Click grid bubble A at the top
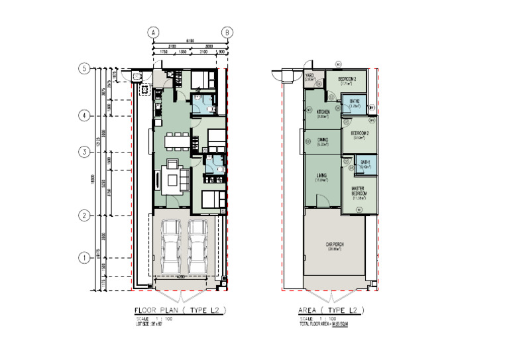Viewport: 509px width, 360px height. pyautogui.click(x=153, y=32)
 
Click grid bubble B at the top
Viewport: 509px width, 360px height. pyautogui.click(x=227, y=32)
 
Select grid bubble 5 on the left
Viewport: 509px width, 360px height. pyautogui.click(x=84, y=68)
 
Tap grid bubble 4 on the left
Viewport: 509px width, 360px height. pyautogui.click(x=84, y=115)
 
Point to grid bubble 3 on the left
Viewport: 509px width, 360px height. pyautogui.click(x=84, y=152)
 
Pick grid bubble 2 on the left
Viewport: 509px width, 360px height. pyautogui.click(x=84, y=215)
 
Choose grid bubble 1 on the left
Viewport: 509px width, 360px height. pyautogui.click(x=84, y=257)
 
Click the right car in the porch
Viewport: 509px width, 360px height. pyautogui.click(x=198, y=249)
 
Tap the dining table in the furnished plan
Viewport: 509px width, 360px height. pyautogui.click(x=177, y=141)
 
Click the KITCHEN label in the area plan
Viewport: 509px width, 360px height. pyautogui.click(x=323, y=112)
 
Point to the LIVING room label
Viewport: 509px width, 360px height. pyautogui.click(x=323, y=177)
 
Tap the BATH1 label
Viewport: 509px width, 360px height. pyautogui.click(x=365, y=163)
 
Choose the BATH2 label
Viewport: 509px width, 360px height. pyautogui.click(x=354, y=103)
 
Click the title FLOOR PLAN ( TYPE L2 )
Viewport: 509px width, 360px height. pyautogui.click(x=180, y=310)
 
